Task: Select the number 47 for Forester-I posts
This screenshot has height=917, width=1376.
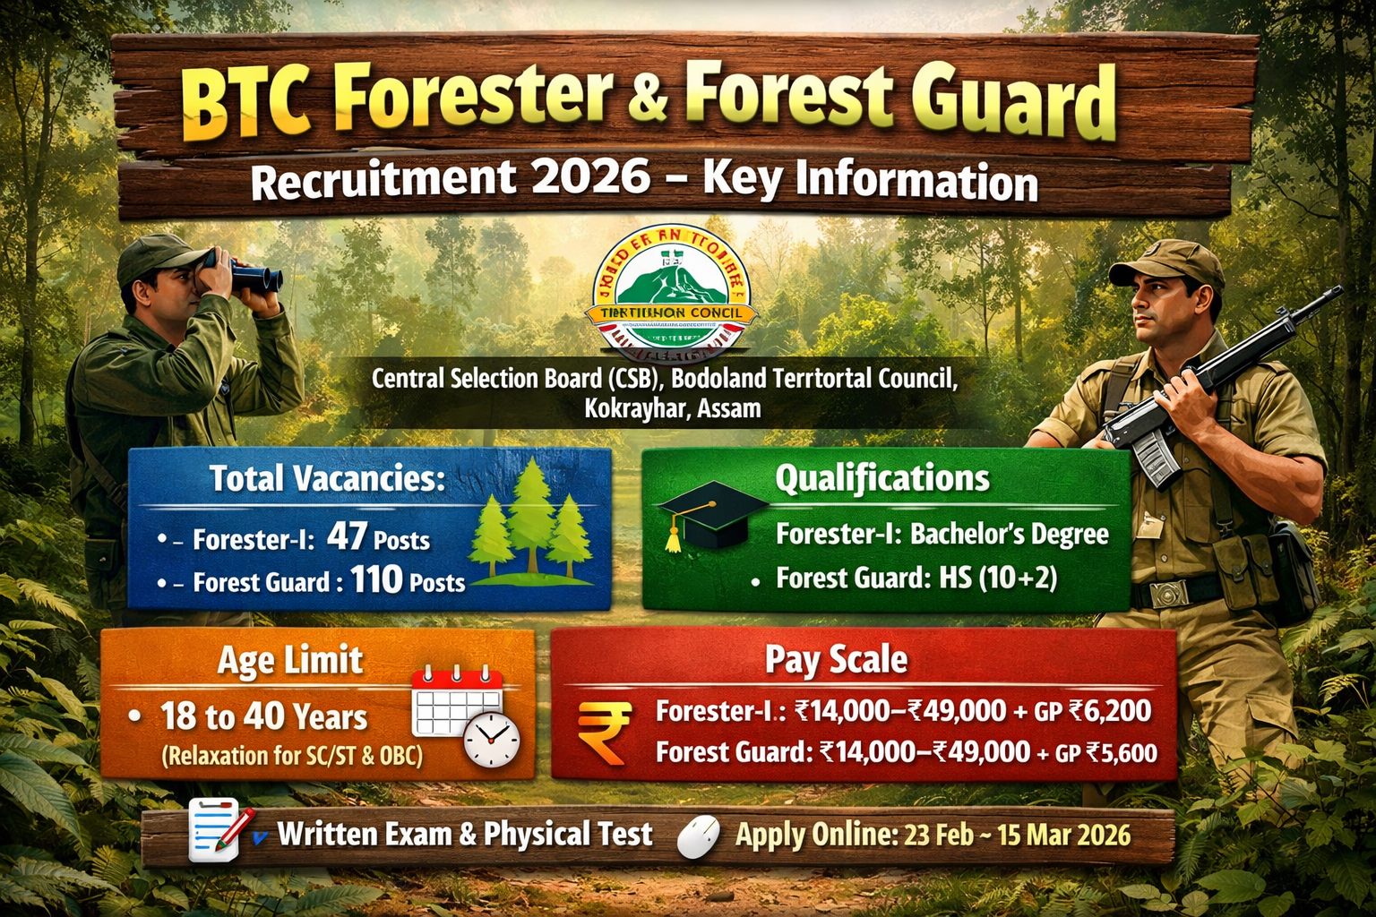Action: (x=347, y=536)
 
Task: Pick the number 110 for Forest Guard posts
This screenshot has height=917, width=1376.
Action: (x=376, y=580)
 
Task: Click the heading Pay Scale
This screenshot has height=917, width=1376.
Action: (x=836, y=660)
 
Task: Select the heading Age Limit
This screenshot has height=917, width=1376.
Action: (x=290, y=661)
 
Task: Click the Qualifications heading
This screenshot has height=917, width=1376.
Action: (x=882, y=478)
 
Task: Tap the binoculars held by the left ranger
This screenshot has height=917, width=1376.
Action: (x=250, y=272)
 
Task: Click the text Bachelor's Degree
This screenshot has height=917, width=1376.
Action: (x=1010, y=535)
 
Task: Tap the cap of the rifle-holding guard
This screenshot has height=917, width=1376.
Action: (x=1166, y=261)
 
